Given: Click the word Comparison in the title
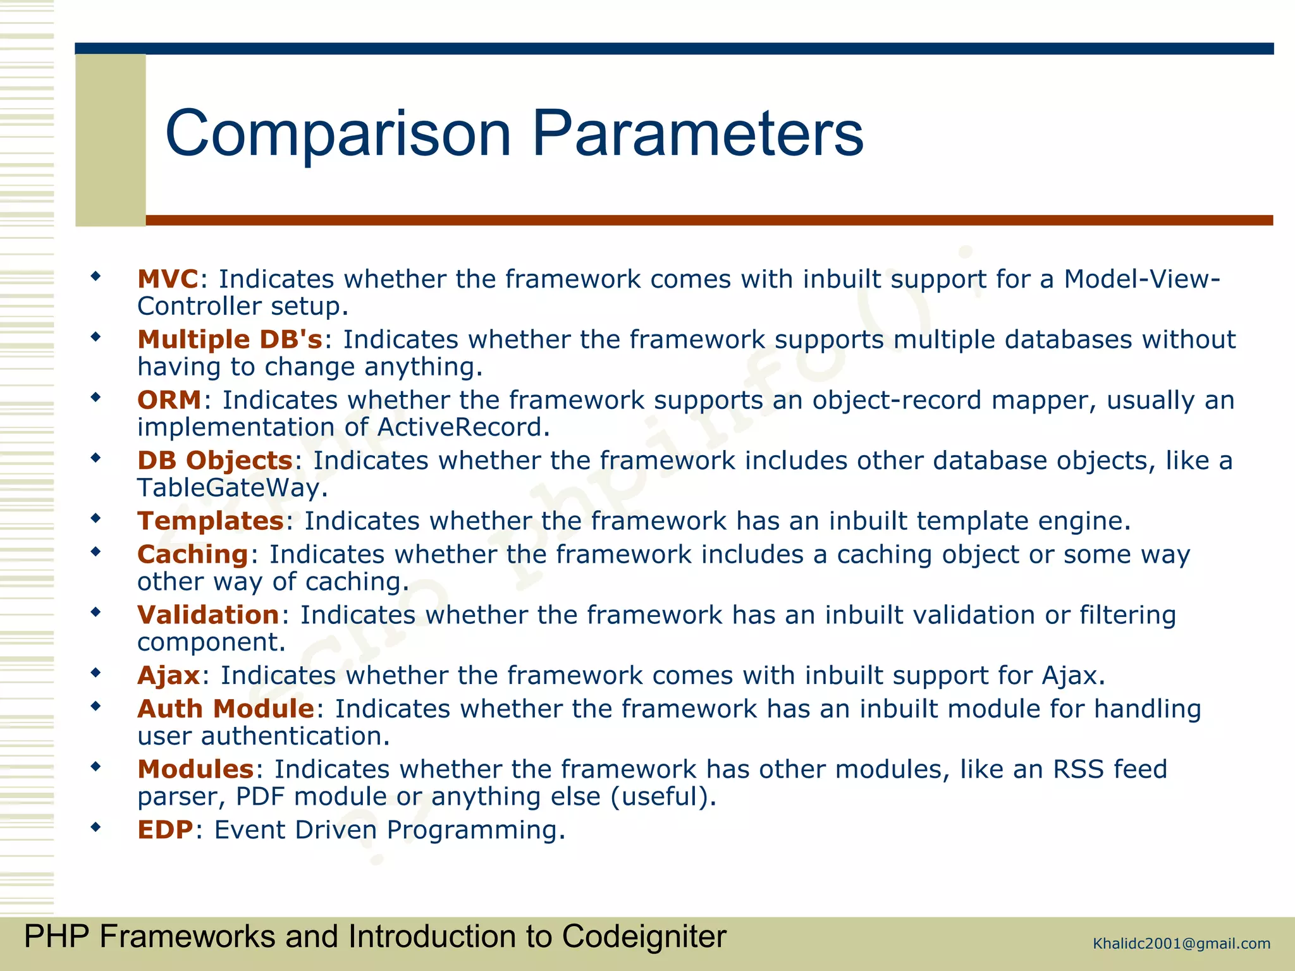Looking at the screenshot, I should point(338,134).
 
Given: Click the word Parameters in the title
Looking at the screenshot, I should point(697,134).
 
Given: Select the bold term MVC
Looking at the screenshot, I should point(168,279).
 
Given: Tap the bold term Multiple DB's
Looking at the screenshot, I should point(230,339).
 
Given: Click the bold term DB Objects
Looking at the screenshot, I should point(215,461).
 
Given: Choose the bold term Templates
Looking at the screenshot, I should point(211,521).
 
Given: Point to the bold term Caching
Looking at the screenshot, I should point(193,554).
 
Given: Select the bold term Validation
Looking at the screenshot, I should point(208,615).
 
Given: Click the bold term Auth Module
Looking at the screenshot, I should point(226,709).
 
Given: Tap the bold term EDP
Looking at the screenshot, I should point(165,830).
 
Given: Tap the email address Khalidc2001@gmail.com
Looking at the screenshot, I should point(1181,944).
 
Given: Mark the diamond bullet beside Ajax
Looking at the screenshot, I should point(95,673).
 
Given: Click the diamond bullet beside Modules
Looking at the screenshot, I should point(95,767).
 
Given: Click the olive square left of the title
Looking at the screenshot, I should point(111,140).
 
